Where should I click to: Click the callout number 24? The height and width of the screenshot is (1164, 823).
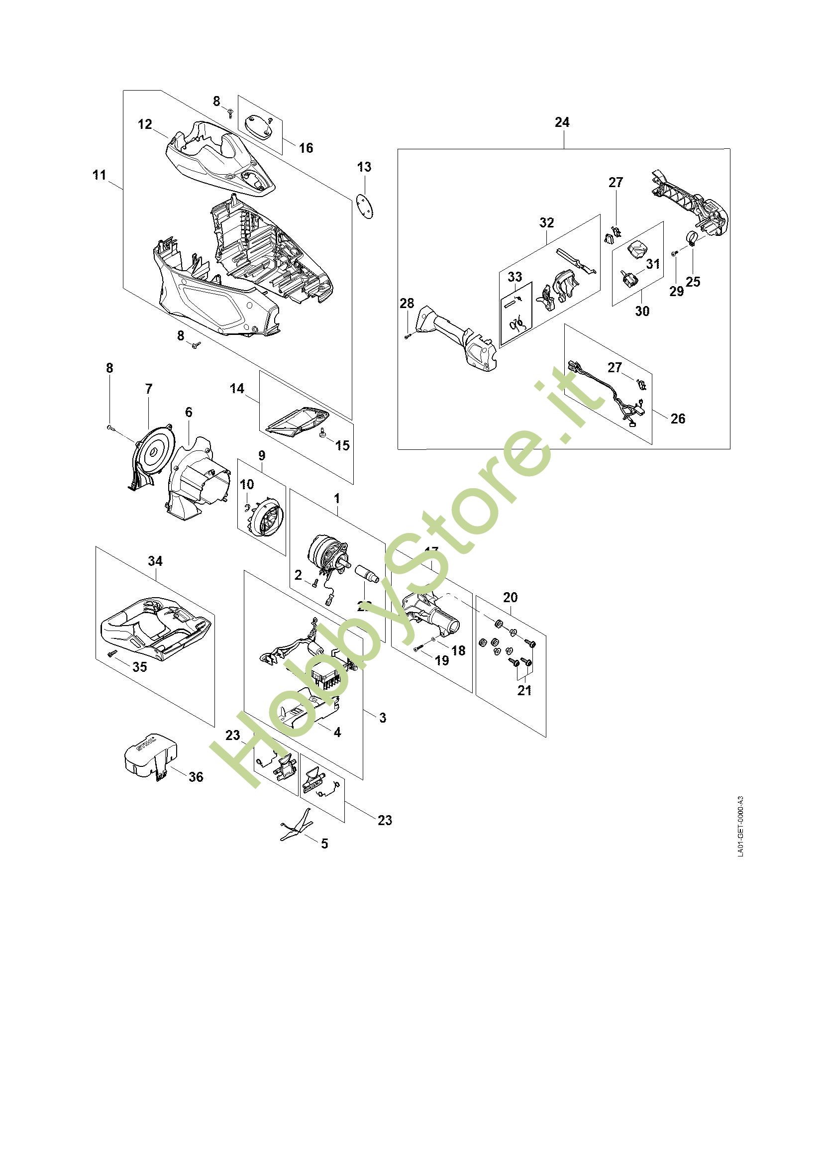pyautogui.click(x=562, y=122)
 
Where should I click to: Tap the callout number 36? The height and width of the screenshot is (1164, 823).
pyautogui.click(x=196, y=776)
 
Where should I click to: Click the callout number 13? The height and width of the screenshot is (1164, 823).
pyautogui.click(x=364, y=167)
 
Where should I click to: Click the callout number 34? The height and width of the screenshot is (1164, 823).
pyautogui.click(x=155, y=561)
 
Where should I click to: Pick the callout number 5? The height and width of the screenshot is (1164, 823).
pyautogui.click(x=324, y=844)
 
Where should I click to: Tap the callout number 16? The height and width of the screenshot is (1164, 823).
pyautogui.click(x=306, y=147)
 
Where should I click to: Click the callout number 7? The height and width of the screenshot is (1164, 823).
pyautogui.click(x=148, y=389)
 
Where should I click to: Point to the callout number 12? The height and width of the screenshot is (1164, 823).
pyautogui.click(x=145, y=124)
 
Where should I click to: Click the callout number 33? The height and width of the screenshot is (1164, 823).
pyautogui.click(x=514, y=277)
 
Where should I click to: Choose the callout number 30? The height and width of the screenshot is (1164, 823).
pyautogui.click(x=641, y=311)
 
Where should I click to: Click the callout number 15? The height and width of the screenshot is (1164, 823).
pyautogui.click(x=342, y=445)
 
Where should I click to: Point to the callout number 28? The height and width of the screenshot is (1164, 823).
pyautogui.click(x=407, y=303)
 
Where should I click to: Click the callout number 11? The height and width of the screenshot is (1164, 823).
pyautogui.click(x=100, y=175)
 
